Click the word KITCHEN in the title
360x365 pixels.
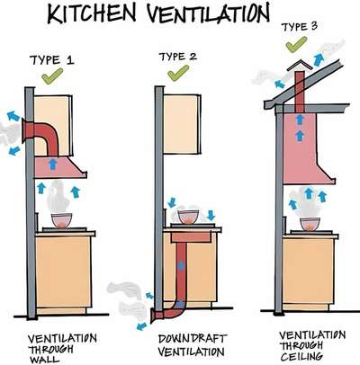click(x=92, y=13)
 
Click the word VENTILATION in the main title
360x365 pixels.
click(x=208, y=13)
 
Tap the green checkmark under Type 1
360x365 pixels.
click(x=52, y=76)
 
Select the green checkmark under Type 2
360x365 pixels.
click(x=178, y=73)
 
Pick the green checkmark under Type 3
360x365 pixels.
click(x=296, y=44)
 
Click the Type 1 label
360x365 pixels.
click(x=51, y=60)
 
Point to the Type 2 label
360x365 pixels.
click(x=177, y=57)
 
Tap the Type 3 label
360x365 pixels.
click(x=299, y=27)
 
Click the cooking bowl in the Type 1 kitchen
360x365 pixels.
click(x=62, y=220)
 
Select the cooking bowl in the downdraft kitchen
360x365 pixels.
click(x=188, y=217)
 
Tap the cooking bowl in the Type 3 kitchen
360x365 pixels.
click(x=310, y=224)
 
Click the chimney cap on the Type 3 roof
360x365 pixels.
click(x=299, y=66)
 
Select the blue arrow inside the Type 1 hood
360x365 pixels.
click(x=53, y=165)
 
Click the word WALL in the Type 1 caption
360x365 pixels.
click(x=40, y=359)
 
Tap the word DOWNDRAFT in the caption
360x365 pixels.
click(x=192, y=339)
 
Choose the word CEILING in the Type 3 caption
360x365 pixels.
click(x=302, y=356)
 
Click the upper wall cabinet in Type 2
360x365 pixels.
click(x=182, y=124)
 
